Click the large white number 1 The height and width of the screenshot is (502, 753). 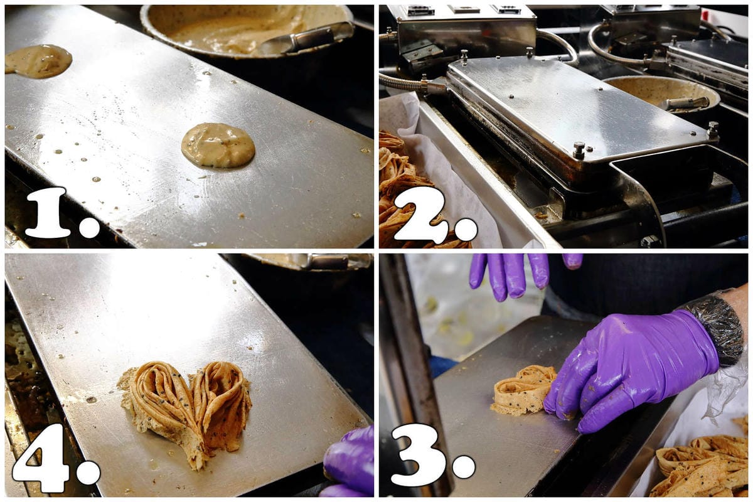pos(50,212)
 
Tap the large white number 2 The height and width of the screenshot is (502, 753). pos(420,214)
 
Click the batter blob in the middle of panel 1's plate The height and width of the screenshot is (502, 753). pos(218,145)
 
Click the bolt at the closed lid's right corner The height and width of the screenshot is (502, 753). pos(713,129)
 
